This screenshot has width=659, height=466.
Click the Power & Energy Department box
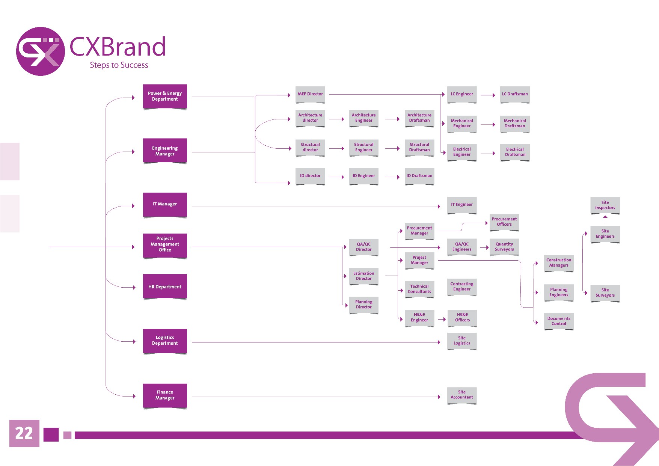pos(165,96)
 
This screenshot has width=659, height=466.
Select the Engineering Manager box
pos(165,151)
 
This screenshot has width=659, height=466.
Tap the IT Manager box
pos(165,204)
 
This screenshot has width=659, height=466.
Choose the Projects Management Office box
pos(165,244)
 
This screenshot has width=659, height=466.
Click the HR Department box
pos(165,287)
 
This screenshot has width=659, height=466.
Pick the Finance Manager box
pos(165,395)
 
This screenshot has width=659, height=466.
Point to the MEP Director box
pos(310,94)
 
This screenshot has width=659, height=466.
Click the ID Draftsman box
pos(419,176)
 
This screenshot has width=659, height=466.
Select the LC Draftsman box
pos(515,94)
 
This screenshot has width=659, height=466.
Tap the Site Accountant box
pos(462,395)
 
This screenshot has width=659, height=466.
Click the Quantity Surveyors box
pos(504,247)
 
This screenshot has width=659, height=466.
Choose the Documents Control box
pos(559,321)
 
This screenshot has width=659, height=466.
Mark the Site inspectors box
pos(605,205)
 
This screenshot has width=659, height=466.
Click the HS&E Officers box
pos(462,318)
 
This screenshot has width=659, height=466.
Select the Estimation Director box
pos(363,276)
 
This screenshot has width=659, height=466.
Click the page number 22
pos(24,433)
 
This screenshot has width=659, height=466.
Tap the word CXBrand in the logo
pos(118,47)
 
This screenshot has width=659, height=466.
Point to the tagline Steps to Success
pos(119,65)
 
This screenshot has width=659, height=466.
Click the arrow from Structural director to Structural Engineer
pos(337,149)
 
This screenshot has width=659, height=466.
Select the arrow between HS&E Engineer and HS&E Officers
pos(441,319)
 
